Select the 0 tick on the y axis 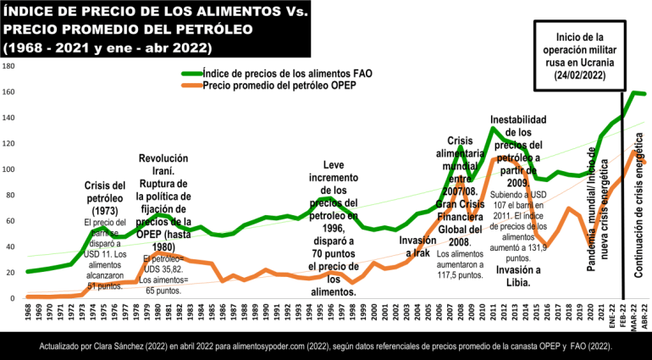tap(9, 298)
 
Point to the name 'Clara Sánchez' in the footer tap(149, 346)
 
